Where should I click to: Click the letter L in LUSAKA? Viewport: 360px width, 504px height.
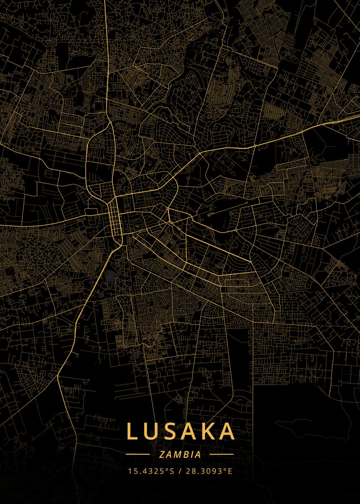coord(132,431)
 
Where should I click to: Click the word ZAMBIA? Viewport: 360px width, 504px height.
coord(180,454)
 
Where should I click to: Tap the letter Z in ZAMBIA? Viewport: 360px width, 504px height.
coord(162,454)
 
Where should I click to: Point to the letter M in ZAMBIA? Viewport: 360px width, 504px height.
coord(176,454)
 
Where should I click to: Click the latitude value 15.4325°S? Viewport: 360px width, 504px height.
coord(151,471)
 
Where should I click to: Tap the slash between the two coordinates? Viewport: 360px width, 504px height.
coord(179,471)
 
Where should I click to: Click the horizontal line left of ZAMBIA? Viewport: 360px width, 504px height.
coord(138,454)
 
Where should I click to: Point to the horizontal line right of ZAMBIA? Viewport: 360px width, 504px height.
coord(221,454)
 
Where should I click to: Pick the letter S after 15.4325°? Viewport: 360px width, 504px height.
coord(171,471)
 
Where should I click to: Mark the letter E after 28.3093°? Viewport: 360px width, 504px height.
coord(229,471)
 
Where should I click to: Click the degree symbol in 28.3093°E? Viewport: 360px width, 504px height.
coord(225,469)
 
